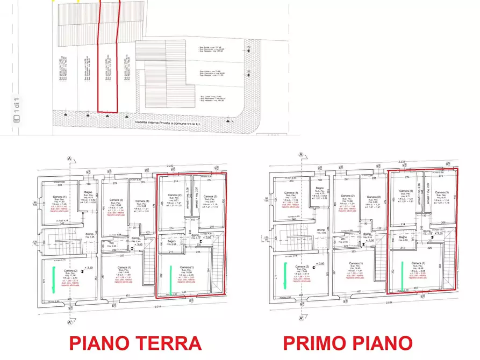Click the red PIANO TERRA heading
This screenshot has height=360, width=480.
coord(135,342)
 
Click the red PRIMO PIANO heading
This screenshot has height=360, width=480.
coord(348,342)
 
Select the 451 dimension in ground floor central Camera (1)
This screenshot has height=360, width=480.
coord(127,295)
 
